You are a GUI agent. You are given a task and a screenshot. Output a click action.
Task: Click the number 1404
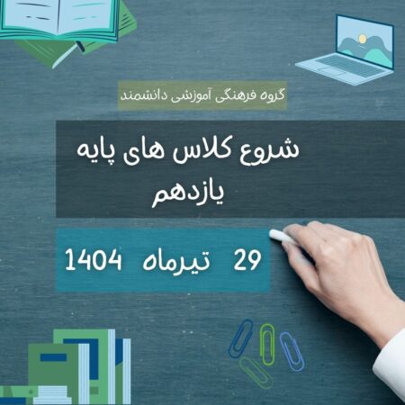94,259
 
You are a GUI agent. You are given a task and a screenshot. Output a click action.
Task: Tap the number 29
247,260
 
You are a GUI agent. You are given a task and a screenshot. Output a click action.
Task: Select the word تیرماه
176,260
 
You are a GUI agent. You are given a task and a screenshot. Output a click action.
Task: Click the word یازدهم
188,194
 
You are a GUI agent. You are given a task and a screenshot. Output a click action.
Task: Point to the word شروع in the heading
269,150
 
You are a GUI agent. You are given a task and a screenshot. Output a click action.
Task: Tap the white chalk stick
282,236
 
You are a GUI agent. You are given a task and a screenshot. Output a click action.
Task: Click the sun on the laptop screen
363,39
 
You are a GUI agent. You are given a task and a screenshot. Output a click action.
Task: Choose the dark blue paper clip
240,338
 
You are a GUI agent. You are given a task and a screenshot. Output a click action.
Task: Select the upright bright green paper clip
266,344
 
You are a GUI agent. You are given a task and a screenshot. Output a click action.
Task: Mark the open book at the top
58,19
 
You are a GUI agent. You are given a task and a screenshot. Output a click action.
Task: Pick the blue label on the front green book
53,357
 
